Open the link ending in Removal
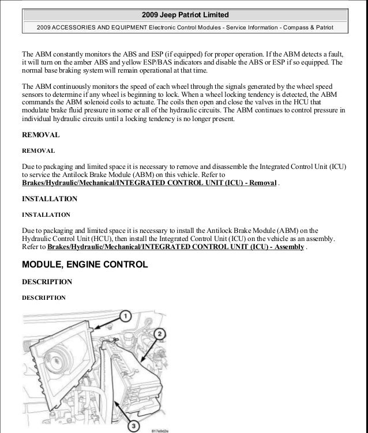coord(149,183)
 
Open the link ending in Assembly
coord(175,247)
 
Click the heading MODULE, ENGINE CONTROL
coord(85,265)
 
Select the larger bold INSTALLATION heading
coord(49,199)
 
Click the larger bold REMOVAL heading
coord(40,135)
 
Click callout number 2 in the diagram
coord(160,334)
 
